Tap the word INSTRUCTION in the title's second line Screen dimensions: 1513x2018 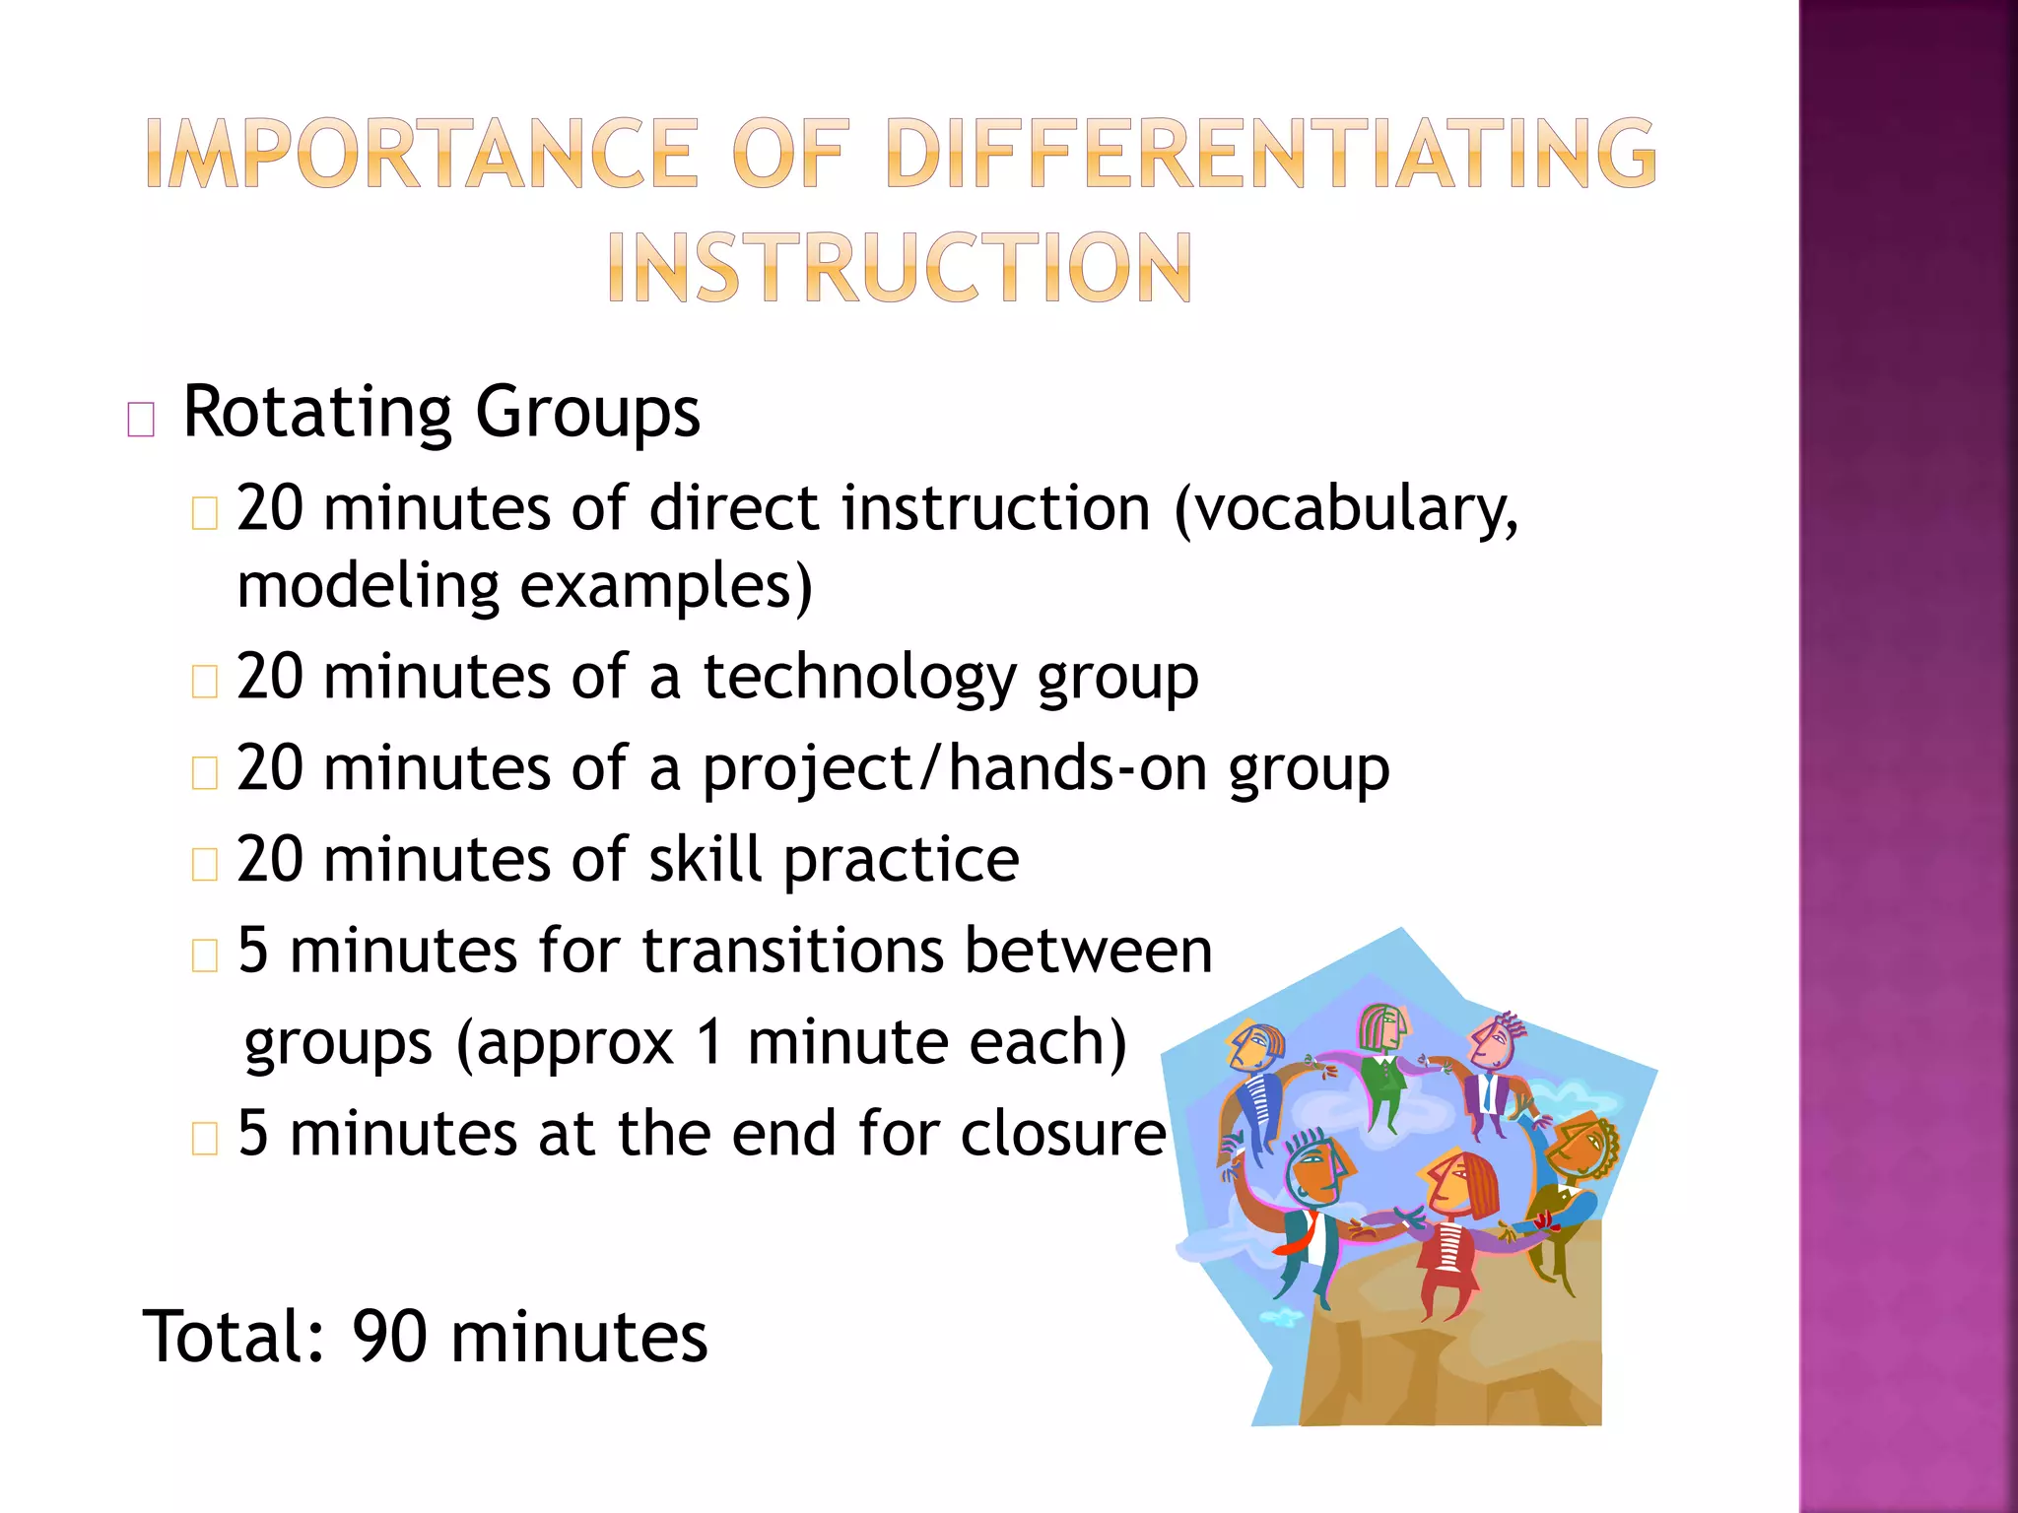(900, 267)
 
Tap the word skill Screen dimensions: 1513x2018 (705, 859)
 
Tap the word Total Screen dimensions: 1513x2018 (233, 1337)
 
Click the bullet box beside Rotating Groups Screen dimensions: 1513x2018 (141, 420)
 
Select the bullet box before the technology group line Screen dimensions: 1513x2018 (204, 682)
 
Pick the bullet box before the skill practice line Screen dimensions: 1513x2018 (204, 864)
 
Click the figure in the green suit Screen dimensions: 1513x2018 (1383, 1069)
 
